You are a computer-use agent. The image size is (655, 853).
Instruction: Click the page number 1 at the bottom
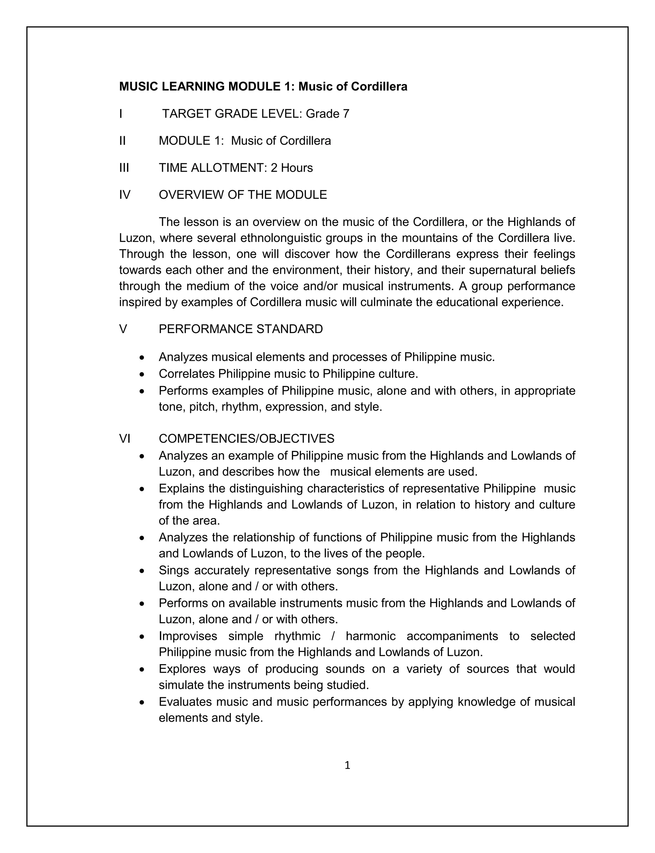point(347,765)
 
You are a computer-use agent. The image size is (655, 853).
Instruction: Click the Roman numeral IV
point(125,195)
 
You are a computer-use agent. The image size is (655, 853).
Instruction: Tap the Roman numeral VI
point(125,438)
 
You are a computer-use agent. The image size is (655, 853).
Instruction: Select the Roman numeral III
point(124,168)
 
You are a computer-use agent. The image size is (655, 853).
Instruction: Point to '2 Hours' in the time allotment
point(292,168)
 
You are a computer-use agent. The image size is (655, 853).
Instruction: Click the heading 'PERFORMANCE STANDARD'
point(241,329)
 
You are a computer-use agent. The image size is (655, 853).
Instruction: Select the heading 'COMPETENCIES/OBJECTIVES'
point(246,438)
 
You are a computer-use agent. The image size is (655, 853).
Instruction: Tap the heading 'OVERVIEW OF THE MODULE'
point(243,195)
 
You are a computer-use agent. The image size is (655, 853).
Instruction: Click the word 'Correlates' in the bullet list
point(187,374)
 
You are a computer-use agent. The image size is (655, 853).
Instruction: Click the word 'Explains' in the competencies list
point(182,488)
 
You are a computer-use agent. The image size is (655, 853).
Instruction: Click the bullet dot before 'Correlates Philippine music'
point(142,374)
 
